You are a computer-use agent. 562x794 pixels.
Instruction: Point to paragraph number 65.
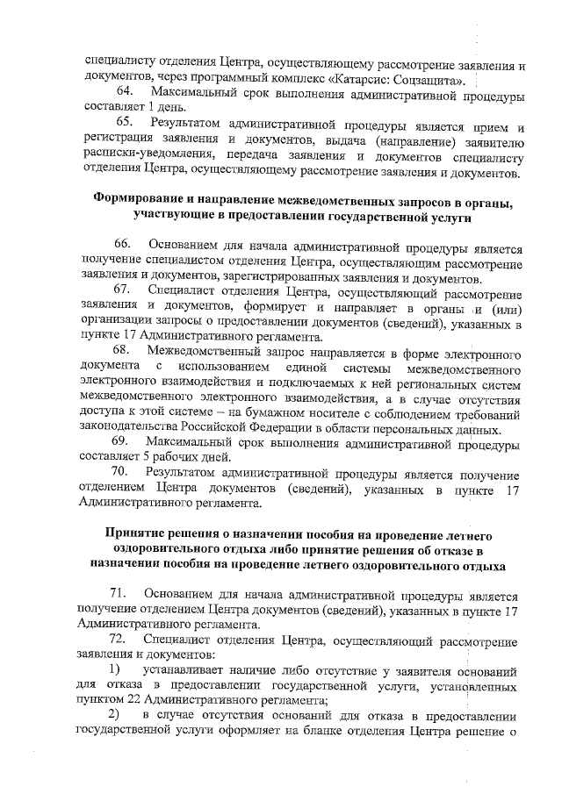(125, 122)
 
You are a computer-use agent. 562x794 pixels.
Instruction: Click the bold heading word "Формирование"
(141, 200)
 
